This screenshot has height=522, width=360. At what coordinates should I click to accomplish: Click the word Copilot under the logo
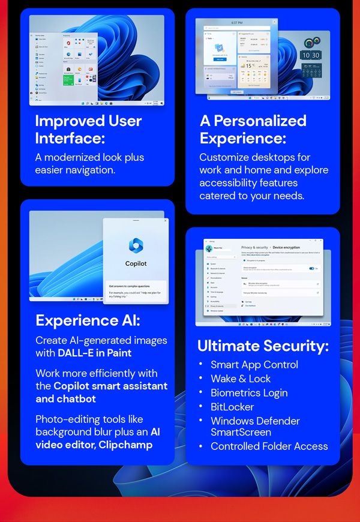click(136, 263)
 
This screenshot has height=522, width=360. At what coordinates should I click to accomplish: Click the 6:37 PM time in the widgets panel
click(236, 22)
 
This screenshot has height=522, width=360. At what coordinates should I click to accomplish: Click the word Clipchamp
click(127, 445)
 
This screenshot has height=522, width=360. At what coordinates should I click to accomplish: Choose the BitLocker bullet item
click(232, 407)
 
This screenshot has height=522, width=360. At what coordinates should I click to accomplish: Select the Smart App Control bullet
click(254, 364)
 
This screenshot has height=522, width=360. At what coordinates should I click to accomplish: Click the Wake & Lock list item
click(241, 379)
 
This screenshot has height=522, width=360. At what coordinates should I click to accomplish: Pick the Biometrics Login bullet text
click(249, 393)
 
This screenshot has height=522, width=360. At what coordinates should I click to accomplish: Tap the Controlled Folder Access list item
click(269, 446)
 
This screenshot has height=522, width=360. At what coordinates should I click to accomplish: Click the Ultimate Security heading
click(263, 346)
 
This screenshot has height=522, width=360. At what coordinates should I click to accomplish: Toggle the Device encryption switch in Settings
click(311, 268)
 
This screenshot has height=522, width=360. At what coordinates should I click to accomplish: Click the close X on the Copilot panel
click(166, 221)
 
